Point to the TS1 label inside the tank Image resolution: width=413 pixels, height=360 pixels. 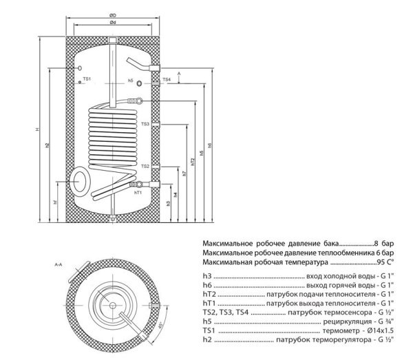[x=87, y=80]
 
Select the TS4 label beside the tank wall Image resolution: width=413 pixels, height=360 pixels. [x=166, y=81]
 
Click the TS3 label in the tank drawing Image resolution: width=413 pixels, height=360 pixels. [x=145, y=124]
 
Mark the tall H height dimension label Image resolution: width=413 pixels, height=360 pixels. [x=39, y=131]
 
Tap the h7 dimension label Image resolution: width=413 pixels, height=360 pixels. [x=184, y=173]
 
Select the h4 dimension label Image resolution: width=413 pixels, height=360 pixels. [x=176, y=195]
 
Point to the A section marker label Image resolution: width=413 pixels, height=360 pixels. [x=178, y=72]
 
